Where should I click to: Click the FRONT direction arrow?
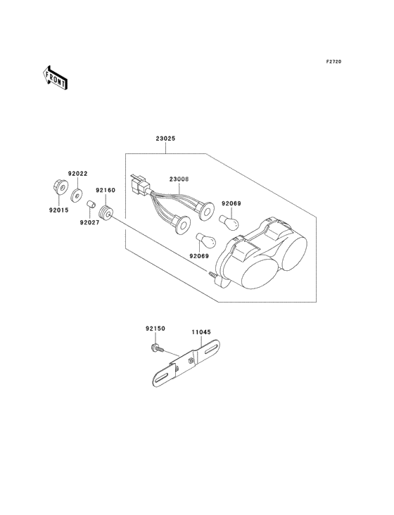coord(55,77)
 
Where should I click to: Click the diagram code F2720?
coord(333,61)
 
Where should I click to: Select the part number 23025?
coord(165,139)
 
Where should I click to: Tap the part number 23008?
coord(179,179)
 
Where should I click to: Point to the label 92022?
coord(78,173)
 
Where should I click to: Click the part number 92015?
coord(59,210)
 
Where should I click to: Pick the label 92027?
coord(89,222)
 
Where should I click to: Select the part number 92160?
coord(106,190)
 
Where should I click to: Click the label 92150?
coord(155,329)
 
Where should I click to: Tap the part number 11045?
coord(201,332)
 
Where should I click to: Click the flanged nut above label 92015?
coord(60,186)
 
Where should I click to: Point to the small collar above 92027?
coord(91,205)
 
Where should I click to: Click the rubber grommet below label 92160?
coord(106,213)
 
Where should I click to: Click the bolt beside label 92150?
coord(158,348)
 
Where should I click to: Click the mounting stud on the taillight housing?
coord(212,274)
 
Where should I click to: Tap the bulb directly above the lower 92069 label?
coord(206,240)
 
